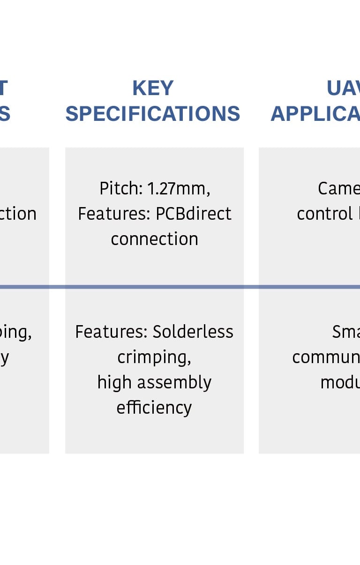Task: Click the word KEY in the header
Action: [153, 88]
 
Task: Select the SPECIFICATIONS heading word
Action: [153, 114]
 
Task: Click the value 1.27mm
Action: [179, 188]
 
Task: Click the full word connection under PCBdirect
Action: [154, 239]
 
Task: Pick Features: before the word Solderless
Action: [112, 332]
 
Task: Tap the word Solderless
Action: [193, 332]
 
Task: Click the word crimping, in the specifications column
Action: [154, 357]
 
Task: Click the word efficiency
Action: [154, 408]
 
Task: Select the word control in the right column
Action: [325, 214]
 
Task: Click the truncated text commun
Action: [326, 357]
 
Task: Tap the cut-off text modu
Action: [340, 383]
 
